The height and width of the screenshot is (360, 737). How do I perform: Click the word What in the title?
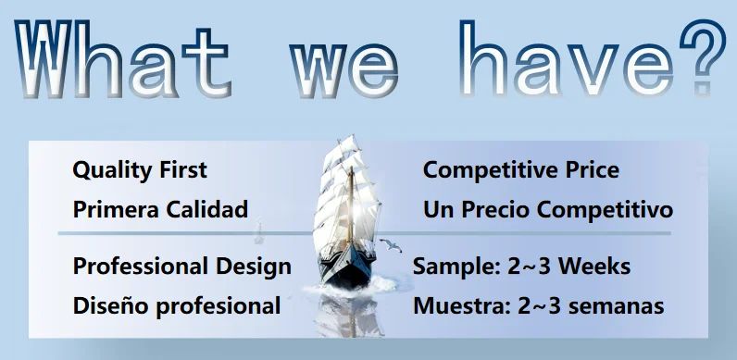pyautogui.click(x=123, y=58)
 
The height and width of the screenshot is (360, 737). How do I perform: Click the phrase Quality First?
pyautogui.click(x=140, y=169)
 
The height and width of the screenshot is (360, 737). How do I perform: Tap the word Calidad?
pyautogui.click(x=206, y=209)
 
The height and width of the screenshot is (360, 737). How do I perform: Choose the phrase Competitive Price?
pyautogui.click(x=520, y=169)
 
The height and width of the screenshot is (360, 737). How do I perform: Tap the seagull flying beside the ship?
pyautogui.click(x=390, y=245)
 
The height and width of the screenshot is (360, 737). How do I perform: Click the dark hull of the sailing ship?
pyautogui.click(x=347, y=268)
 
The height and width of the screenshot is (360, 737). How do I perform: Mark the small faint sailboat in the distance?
pyautogui.click(x=258, y=232)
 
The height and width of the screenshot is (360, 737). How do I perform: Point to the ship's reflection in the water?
pyautogui.click(x=349, y=316)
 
